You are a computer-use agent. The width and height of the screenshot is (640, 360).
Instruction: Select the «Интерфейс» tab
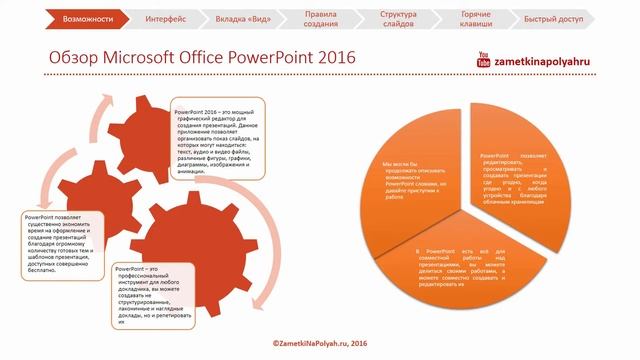tap(164, 18)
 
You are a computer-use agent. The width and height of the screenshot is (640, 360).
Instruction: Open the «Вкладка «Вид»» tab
tap(242, 18)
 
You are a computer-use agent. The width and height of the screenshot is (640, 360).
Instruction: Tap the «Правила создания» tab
tap(320, 18)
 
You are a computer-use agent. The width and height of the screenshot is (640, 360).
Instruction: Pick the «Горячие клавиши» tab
tap(476, 18)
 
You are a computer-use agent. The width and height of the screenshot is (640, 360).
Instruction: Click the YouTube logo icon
tap(485, 59)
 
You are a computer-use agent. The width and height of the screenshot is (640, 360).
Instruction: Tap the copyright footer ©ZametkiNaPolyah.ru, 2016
tap(319, 342)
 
